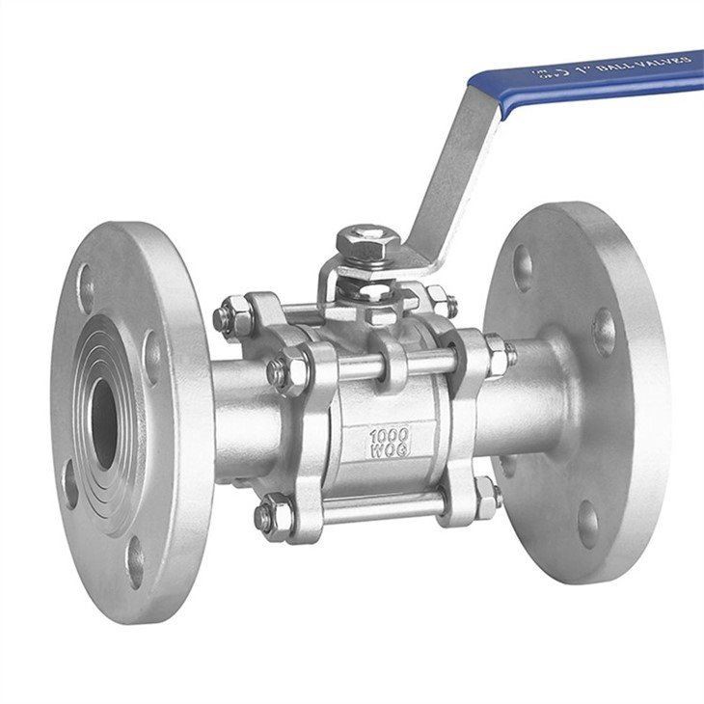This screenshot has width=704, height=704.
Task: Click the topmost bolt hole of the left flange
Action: pos(88,287)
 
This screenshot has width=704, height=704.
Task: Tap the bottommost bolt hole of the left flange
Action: pos(136,561)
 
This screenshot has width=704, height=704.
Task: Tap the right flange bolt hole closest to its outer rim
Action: pos(605,332)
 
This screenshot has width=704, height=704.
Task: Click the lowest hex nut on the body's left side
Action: pos(269,517)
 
